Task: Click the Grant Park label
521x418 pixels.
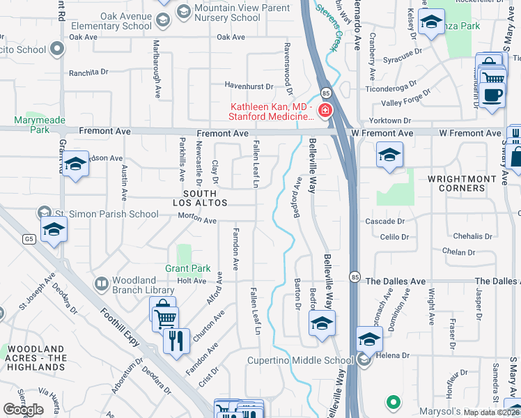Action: (x=187, y=268)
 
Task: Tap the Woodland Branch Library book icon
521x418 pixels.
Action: (x=102, y=284)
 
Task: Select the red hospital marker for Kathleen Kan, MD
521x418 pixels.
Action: (x=325, y=110)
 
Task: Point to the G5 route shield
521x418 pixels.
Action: (x=29, y=240)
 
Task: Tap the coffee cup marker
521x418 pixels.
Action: (x=493, y=95)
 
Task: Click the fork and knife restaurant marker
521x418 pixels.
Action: (x=176, y=341)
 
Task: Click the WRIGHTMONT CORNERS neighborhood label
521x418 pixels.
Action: (x=456, y=183)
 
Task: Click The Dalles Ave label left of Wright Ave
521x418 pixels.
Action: (x=395, y=281)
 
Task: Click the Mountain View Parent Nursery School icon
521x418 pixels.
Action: (x=183, y=10)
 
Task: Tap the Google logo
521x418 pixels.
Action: (x=22, y=409)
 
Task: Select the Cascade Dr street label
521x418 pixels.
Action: (x=385, y=221)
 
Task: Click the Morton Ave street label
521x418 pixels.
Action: (x=198, y=220)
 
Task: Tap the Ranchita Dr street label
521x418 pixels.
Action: (x=88, y=72)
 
